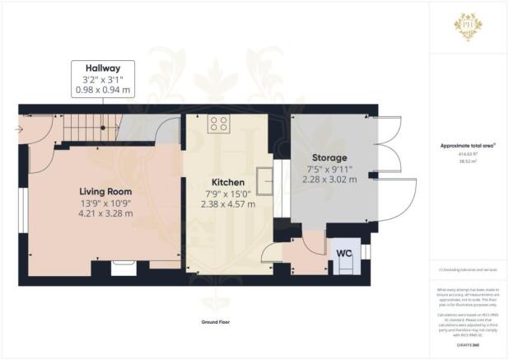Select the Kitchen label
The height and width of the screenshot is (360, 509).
click(227, 182)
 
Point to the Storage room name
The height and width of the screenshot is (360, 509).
click(329, 157)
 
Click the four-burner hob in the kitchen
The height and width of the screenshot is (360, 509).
click(218, 124)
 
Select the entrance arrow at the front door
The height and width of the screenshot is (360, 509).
click(19, 129)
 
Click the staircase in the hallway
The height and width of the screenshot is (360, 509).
click(90, 128)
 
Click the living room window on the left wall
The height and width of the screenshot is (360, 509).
click(23, 206)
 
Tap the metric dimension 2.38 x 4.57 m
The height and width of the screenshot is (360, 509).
click(227, 203)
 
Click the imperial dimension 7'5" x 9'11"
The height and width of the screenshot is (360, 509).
click(329, 168)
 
